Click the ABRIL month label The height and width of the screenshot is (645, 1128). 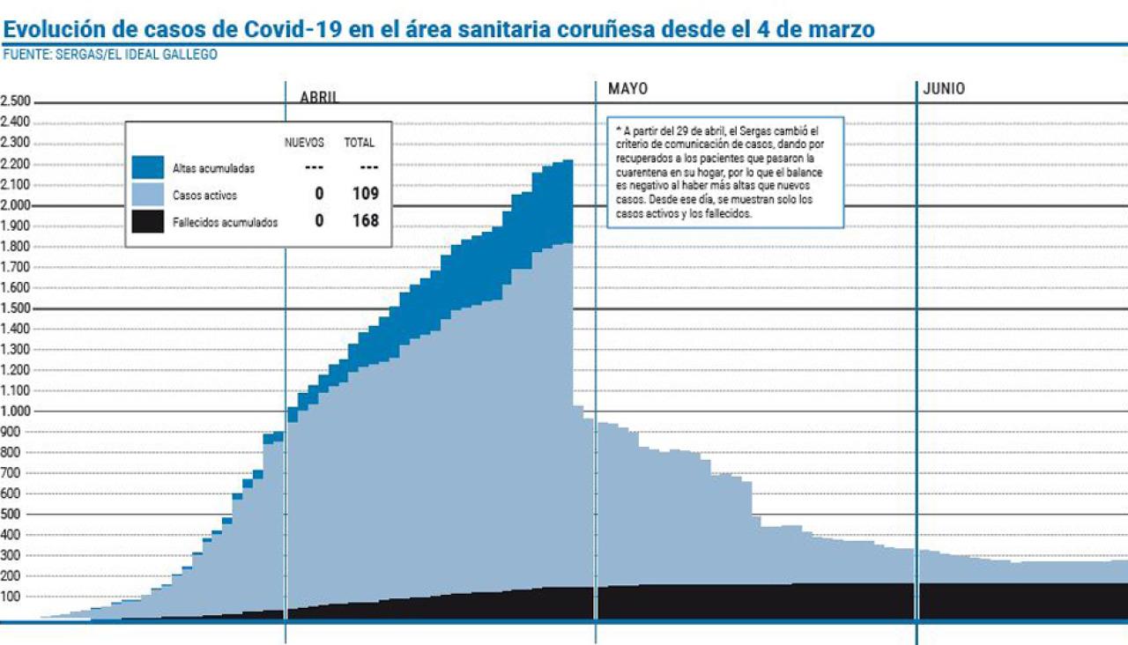(319, 98)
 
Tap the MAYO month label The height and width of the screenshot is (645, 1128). (627, 89)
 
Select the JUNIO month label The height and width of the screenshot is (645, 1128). (944, 89)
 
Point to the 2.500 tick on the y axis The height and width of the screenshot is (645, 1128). (15, 100)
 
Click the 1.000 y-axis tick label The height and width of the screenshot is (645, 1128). (15, 411)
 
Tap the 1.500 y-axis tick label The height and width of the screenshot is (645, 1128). (15, 308)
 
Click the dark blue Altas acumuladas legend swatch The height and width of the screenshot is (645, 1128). (147, 167)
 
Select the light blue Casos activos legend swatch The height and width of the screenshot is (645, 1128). (147, 195)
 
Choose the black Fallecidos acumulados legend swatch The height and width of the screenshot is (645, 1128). (147, 222)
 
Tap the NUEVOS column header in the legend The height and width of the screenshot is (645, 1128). (304, 143)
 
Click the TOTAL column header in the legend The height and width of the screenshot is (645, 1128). (360, 143)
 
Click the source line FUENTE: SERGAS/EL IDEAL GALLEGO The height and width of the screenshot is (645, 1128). (110, 55)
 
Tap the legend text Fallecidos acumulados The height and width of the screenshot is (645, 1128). (226, 223)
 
